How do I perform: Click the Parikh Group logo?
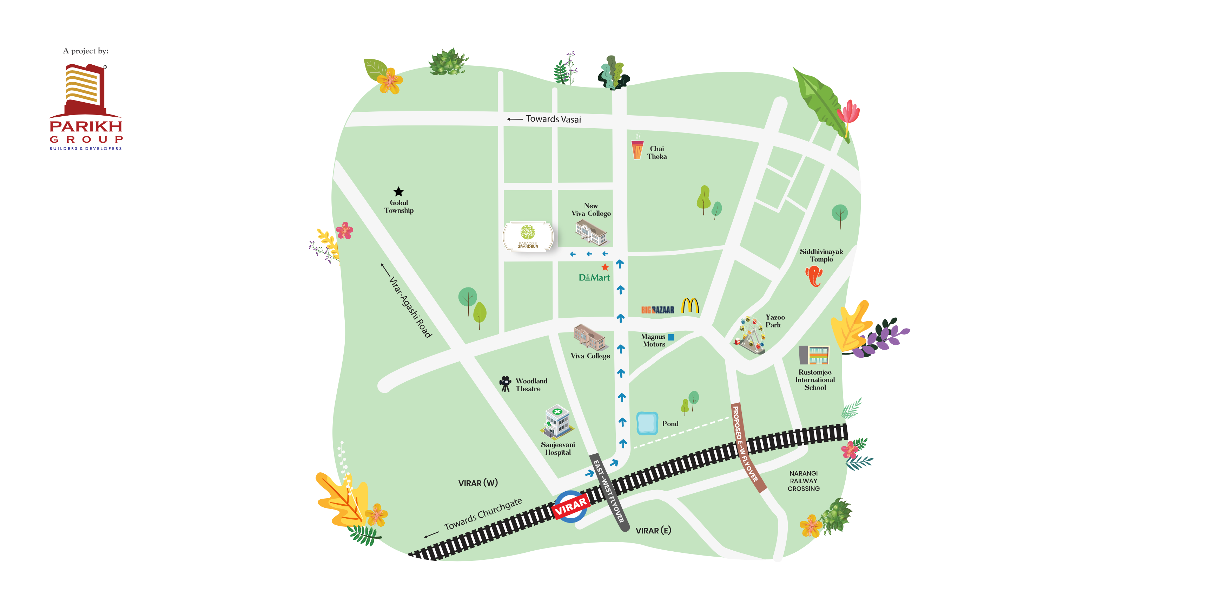pos(85,107)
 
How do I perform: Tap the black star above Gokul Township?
pos(398,192)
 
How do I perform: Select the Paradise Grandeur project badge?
pos(528,236)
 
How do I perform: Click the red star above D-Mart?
pos(605,267)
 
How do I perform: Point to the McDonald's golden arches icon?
pos(690,306)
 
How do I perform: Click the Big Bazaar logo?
pos(657,310)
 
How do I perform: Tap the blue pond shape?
pos(647,423)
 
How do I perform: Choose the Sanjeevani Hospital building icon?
pos(557,421)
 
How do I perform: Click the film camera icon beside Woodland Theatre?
pos(505,383)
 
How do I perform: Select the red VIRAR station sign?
pos(571,507)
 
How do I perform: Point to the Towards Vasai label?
pos(553,119)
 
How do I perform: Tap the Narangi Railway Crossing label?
pos(804,481)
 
